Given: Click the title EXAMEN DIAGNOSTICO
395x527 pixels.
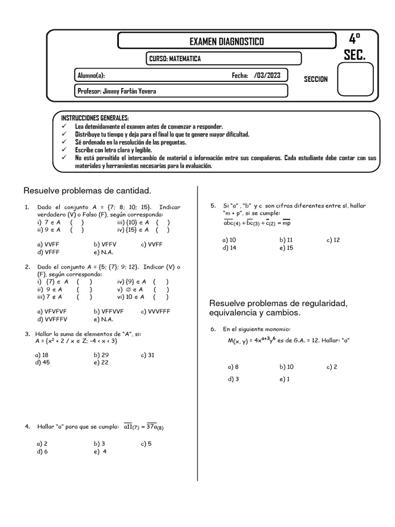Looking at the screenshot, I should [227, 41].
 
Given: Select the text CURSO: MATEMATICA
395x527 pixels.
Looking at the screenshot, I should [175, 59].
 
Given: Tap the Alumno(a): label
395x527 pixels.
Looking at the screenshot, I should [91, 75].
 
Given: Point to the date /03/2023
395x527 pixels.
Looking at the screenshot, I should [267, 75].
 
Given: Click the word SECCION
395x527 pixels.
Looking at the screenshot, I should [315, 79].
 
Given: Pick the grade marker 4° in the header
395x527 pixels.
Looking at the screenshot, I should [354, 39].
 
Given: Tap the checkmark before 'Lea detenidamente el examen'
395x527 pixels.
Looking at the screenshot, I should [64, 126].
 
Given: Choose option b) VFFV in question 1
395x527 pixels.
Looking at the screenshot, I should [105, 244].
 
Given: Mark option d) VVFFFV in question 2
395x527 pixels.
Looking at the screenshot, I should [53, 319].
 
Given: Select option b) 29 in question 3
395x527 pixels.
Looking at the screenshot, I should [101, 355].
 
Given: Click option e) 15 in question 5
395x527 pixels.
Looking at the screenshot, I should [286, 248].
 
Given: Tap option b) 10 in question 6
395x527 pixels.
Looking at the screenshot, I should [286, 367].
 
